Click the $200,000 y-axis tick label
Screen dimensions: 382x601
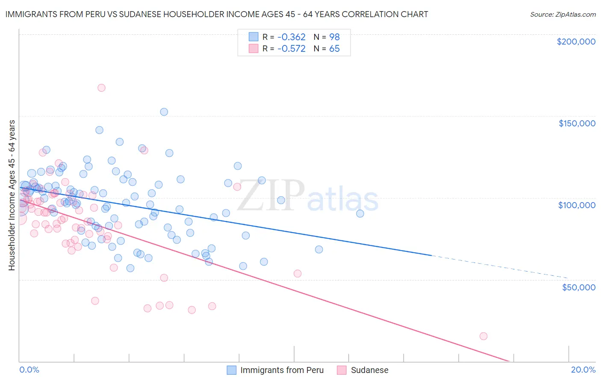(x=576, y=42)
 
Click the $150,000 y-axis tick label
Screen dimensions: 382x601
(x=577, y=123)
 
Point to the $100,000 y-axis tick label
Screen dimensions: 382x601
(x=577, y=205)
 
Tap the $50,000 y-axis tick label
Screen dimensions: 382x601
(x=578, y=287)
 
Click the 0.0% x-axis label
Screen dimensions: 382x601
(x=29, y=370)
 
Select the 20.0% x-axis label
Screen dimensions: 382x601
(x=583, y=370)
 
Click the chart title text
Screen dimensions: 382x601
(x=216, y=14)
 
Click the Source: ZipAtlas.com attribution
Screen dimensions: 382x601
(x=563, y=14)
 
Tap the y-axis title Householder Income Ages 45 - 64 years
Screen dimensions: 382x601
(x=12, y=195)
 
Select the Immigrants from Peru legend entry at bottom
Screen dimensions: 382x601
(x=275, y=370)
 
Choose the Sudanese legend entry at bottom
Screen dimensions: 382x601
(x=363, y=370)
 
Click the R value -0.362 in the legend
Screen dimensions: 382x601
(x=291, y=37)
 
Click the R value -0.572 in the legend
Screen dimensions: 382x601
(x=291, y=49)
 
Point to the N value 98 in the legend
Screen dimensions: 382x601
(x=334, y=37)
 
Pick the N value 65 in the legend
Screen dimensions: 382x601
(x=334, y=49)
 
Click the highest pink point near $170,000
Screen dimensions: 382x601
(x=101, y=88)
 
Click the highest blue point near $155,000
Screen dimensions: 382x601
(x=164, y=112)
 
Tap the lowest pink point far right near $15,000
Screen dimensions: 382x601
(x=483, y=336)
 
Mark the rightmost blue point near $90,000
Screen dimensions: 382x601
(x=360, y=214)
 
